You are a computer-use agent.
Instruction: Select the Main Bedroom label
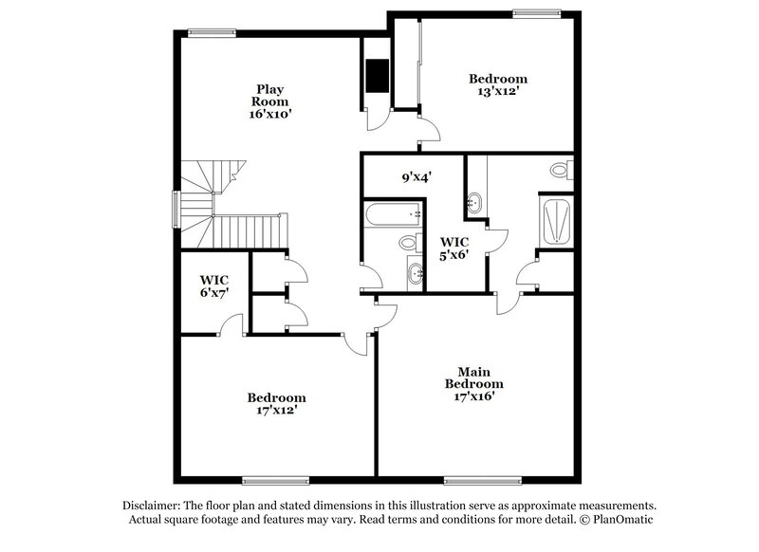pyautogui.click(x=474, y=377)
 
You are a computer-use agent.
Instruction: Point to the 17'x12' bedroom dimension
pyautogui.click(x=276, y=411)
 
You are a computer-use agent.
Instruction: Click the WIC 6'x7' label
pyautogui.click(x=213, y=286)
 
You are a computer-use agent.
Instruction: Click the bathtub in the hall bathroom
pyautogui.click(x=393, y=213)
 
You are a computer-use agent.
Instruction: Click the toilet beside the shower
pyautogui.click(x=561, y=171)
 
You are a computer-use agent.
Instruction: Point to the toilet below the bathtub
pyautogui.click(x=408, y=243)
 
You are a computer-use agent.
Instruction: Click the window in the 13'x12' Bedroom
pyautogui.click(x=536, y=12)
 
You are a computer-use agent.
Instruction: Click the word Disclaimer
pyautogui.click(x=153, y=506)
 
